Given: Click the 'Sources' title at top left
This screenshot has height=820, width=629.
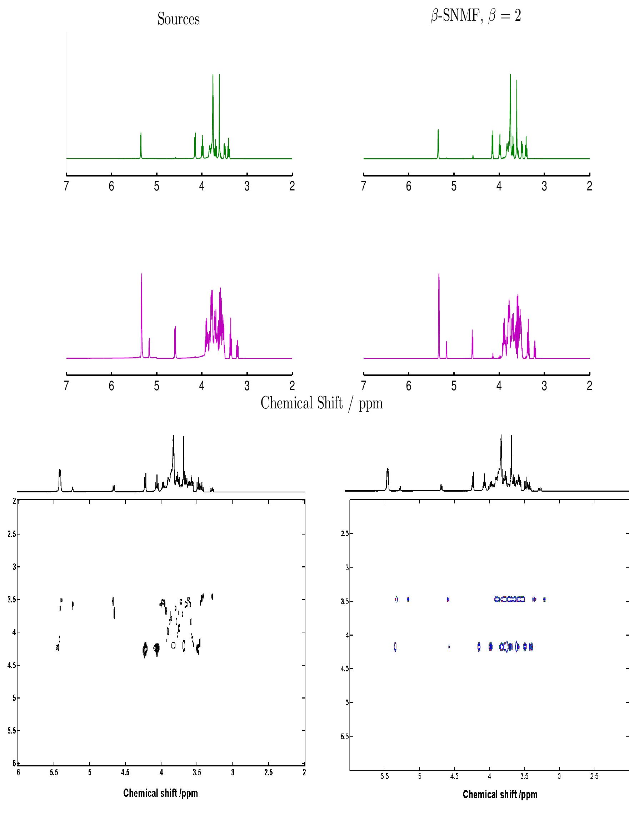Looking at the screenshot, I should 178,19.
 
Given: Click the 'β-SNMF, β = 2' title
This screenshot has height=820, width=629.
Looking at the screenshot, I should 475,16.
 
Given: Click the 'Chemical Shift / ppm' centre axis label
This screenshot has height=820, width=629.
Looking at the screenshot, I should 321,403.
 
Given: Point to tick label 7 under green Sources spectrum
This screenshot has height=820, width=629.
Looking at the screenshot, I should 66,186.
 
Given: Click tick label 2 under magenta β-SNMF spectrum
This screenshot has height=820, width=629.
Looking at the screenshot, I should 589,386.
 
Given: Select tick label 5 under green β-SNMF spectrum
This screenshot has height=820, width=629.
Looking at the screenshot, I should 454,186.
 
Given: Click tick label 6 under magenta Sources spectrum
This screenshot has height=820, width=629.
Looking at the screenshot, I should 111,386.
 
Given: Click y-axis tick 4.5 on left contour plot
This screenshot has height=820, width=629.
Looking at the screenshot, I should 11,665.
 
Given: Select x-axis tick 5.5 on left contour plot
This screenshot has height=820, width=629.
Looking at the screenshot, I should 54,772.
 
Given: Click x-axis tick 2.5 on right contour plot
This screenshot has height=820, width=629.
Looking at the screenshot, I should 594,776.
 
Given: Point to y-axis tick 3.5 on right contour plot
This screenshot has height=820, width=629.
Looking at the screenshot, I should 345,601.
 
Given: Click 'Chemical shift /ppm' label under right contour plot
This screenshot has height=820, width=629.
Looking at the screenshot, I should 500,794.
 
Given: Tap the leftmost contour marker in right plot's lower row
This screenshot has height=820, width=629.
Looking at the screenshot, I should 395,647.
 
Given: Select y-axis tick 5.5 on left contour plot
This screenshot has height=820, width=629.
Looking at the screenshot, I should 11,731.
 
